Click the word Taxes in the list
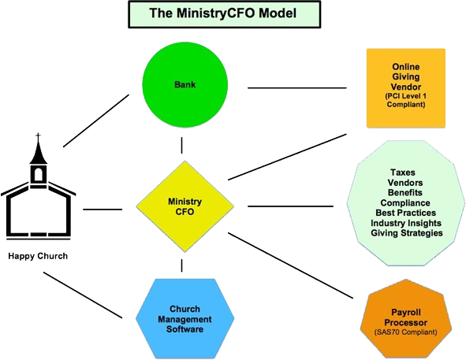point(402,171)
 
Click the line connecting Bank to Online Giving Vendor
point(296,86)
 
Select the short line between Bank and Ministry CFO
point(182,145)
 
